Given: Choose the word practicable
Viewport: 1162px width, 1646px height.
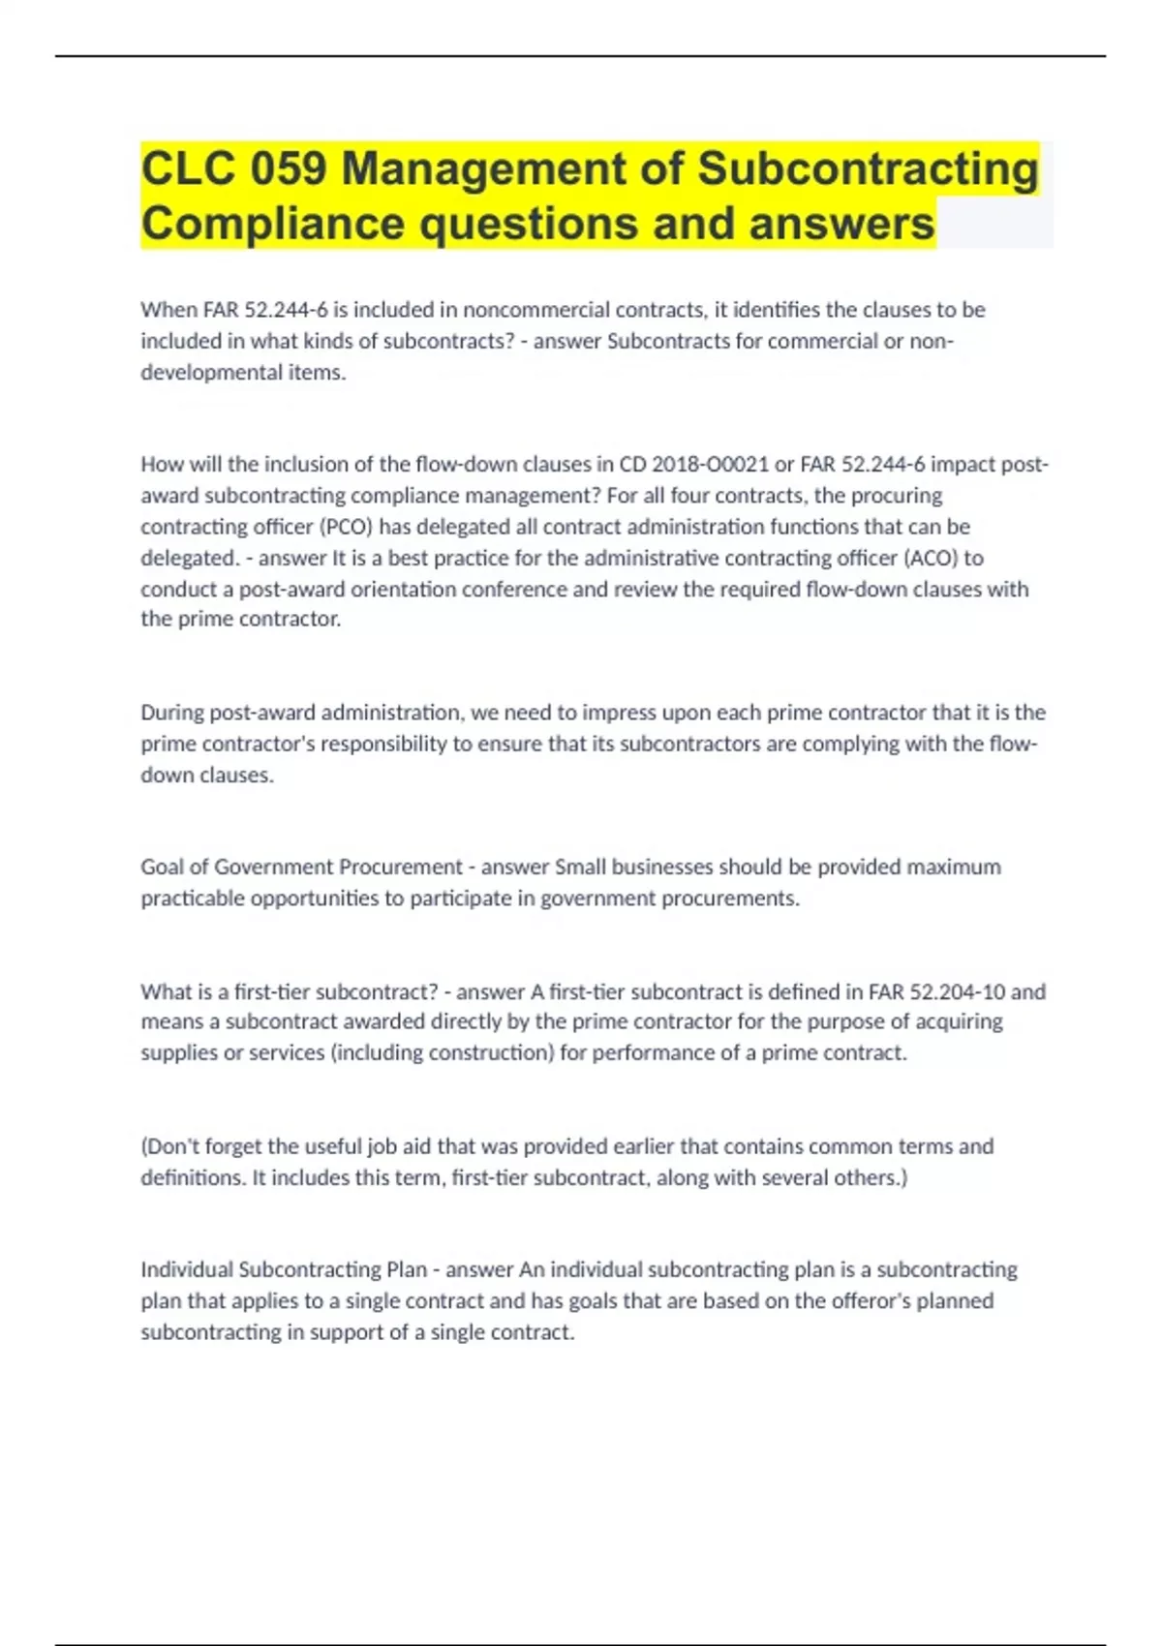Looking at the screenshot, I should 193,899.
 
